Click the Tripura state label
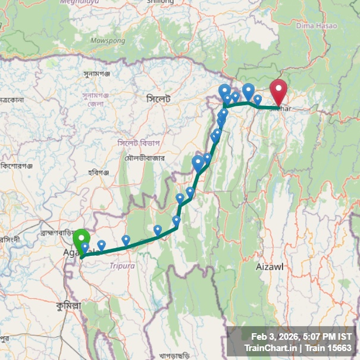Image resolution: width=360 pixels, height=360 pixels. point(123,266)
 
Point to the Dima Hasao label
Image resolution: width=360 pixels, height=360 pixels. point(313,26)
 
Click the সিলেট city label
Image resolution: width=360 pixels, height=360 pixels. point(158,98)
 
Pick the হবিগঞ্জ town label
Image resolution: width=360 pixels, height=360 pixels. point(99,173)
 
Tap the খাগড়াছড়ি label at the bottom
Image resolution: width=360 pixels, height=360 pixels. point(179,355)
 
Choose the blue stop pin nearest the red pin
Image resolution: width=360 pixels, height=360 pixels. point(258,100)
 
